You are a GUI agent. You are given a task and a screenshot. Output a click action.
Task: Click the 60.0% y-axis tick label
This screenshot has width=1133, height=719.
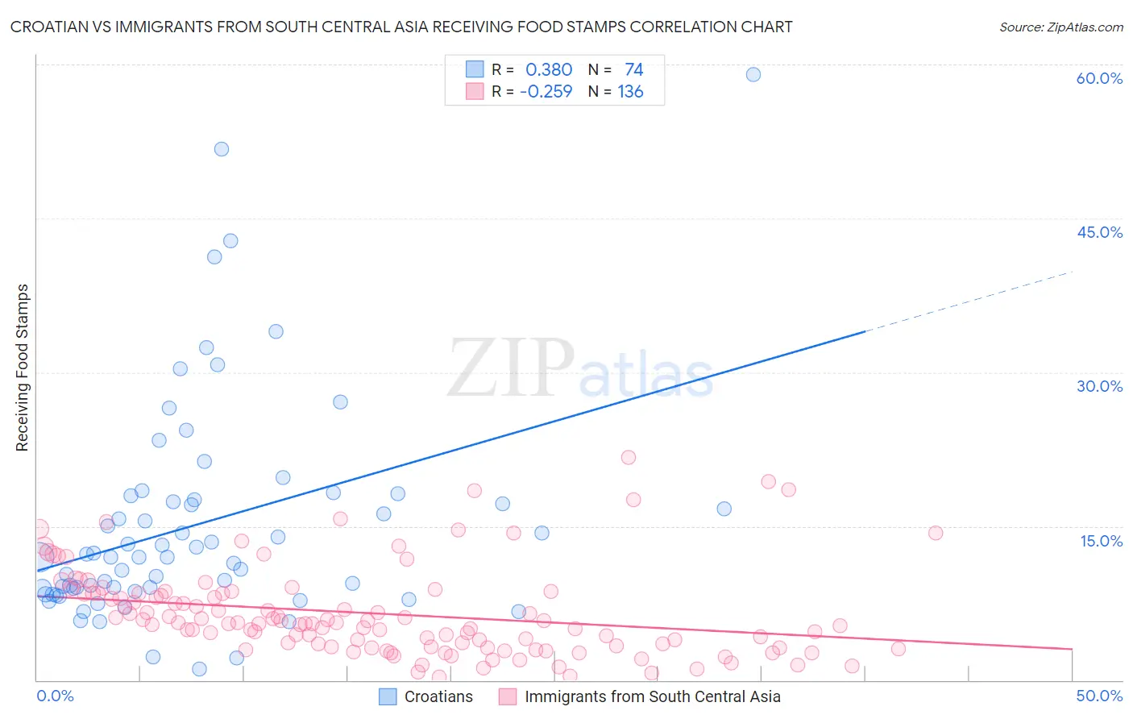point(1099,78)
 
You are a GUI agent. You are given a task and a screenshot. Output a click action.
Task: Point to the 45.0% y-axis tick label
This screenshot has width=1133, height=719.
point(1099,232)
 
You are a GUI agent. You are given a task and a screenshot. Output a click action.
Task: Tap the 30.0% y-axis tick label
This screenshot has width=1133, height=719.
point(1099,386)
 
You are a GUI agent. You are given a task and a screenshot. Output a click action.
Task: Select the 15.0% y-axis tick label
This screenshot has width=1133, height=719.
point(1101,541)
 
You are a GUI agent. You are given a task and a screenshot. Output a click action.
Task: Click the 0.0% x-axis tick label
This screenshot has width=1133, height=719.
point(55,696)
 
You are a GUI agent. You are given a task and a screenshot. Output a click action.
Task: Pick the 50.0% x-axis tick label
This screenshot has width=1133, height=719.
point(1099,696)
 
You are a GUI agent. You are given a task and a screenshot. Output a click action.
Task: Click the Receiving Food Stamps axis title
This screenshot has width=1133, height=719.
point(23,368)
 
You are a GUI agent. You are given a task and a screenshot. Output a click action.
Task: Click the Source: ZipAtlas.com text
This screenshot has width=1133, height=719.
point(1060,27)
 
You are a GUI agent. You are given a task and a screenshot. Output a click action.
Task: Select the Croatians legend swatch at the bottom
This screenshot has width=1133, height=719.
point(388,696)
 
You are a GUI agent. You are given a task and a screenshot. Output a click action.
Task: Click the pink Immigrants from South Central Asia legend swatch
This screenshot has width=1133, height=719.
point(508,696)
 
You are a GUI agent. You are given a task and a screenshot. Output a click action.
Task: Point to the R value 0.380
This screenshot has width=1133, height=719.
point(549,69)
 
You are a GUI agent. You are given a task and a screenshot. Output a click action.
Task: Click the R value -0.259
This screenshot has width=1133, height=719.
point(546,91)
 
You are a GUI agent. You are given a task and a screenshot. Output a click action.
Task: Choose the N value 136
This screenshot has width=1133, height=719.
point(630,91)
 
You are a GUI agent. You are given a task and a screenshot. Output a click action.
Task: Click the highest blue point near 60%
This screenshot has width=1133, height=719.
point(753,74)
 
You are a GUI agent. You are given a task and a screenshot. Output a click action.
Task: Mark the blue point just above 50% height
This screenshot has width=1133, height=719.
point(222,149)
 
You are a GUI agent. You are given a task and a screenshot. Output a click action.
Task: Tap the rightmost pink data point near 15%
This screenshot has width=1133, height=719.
point(936,533)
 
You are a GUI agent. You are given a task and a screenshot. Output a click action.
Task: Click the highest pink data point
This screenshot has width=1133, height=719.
point(629,457)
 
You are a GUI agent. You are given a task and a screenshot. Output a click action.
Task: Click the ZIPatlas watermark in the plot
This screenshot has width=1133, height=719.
point(580,368)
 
